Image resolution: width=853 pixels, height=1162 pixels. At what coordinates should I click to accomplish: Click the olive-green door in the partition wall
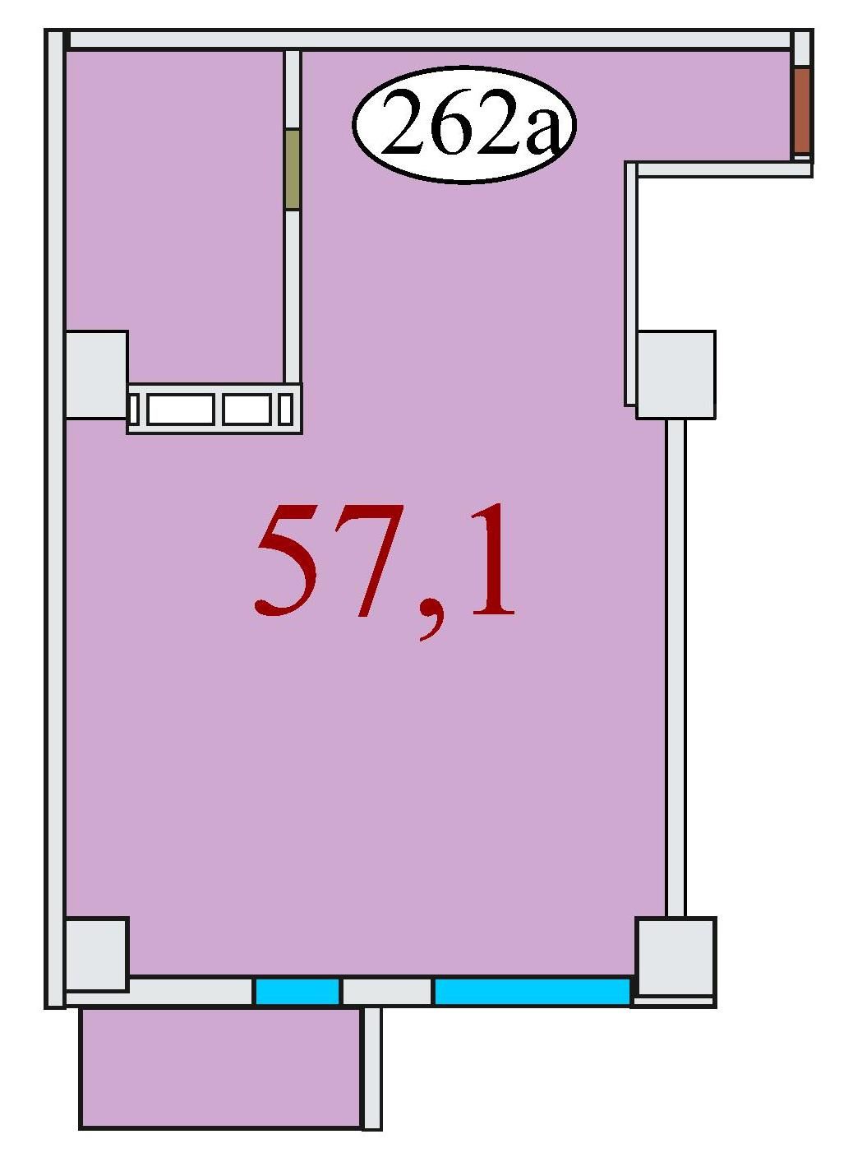point(293,169)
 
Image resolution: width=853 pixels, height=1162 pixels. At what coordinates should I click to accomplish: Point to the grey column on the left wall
point(96,374)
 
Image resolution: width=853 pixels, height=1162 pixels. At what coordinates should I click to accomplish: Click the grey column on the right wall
point(675,374)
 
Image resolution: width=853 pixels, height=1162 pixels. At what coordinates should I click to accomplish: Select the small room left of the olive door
point(176,217)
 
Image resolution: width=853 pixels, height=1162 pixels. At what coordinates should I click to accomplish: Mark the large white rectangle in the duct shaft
point(180,410)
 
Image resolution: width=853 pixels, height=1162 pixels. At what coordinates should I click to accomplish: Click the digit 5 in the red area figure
point(288,560)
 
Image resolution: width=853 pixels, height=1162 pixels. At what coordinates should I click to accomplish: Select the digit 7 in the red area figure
point(371,560)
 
